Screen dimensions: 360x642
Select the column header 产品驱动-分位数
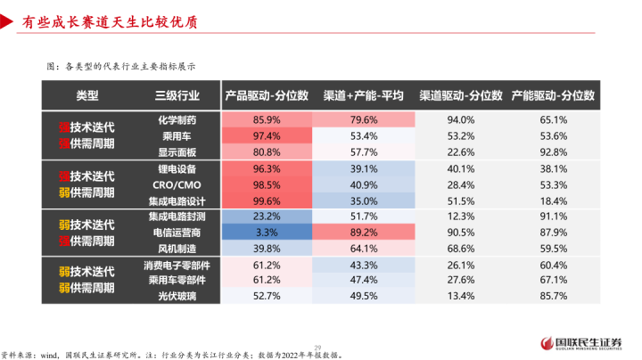click(x=267, y=94)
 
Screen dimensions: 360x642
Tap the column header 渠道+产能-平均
click(x=363, y=94)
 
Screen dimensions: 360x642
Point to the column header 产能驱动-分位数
click(x=553, y=94)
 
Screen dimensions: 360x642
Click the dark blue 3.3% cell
click(x=267, y=232)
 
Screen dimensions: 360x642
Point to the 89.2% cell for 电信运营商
click(x=363, y=232)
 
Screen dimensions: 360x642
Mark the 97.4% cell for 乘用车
click(x=267, y=135)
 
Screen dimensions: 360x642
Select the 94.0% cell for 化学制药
click(x=459, y=119)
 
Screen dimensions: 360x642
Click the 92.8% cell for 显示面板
click(x=554, y=152)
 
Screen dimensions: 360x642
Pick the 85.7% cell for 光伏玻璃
click(x=554, y=296)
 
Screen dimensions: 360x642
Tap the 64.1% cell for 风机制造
click(x=363, y=249)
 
